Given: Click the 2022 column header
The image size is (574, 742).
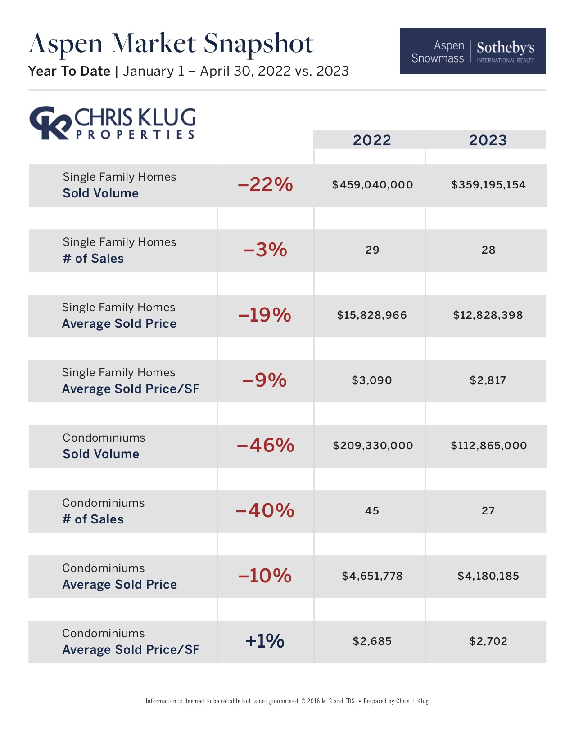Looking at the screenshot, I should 372,140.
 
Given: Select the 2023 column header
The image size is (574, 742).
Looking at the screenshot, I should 488,140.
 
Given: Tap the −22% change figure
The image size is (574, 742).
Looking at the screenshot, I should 265,184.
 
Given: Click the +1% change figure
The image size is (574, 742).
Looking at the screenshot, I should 265,641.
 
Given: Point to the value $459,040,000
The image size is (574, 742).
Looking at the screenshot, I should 372,185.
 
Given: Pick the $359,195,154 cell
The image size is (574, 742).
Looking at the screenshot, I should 488,185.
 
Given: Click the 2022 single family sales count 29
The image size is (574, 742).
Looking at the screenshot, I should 372,250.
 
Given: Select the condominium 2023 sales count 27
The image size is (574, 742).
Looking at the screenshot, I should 488,511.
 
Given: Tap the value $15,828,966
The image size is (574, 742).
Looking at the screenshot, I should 372,315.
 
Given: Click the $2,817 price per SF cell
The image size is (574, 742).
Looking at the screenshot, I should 488,380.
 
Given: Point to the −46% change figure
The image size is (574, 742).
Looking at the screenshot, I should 265,445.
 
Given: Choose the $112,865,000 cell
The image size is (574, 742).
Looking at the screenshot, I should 488,446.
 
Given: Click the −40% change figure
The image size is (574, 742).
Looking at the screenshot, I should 265,510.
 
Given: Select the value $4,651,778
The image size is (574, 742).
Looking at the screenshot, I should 372,576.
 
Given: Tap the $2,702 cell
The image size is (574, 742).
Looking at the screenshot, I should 488,641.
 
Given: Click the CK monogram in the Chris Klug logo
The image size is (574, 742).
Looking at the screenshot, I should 50,123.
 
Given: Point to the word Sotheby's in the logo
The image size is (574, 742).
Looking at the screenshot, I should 506,47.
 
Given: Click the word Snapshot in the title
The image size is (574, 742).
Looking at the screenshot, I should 258,44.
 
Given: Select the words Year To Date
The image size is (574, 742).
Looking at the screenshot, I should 69,71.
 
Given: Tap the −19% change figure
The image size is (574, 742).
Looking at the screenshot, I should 265,315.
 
